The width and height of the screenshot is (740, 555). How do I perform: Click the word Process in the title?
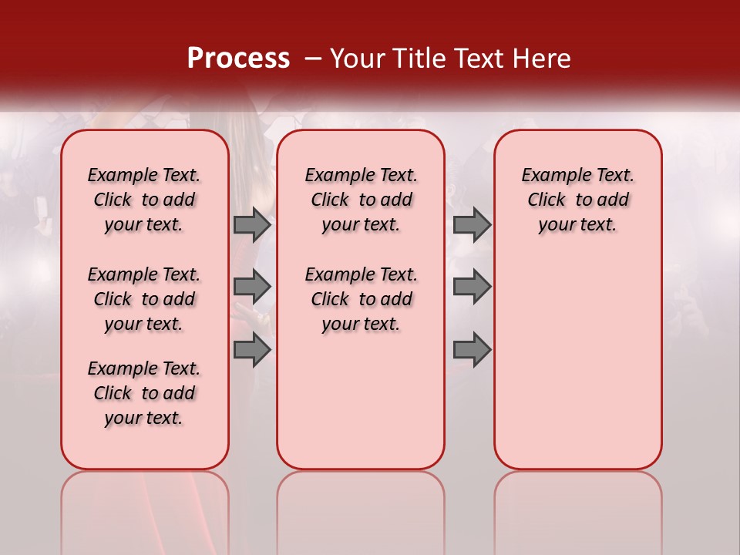point(238,58)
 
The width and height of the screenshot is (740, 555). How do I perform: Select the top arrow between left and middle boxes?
point(252,224)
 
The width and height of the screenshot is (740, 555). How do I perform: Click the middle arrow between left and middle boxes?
point(252,287)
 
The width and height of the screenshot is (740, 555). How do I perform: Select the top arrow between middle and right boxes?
point(472,224)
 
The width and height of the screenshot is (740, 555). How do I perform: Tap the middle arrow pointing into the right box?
point(472,287)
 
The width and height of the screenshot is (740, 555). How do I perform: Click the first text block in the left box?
point(144,200)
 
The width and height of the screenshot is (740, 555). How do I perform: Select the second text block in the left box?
point(144,299)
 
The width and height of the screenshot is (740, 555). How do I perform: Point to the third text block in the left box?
point(144,393)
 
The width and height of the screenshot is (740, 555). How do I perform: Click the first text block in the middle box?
point(361,200)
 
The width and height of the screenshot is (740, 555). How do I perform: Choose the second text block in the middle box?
point(361,299)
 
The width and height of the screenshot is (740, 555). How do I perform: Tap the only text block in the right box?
point(577,200)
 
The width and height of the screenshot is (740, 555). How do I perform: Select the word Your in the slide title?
point(357,58)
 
